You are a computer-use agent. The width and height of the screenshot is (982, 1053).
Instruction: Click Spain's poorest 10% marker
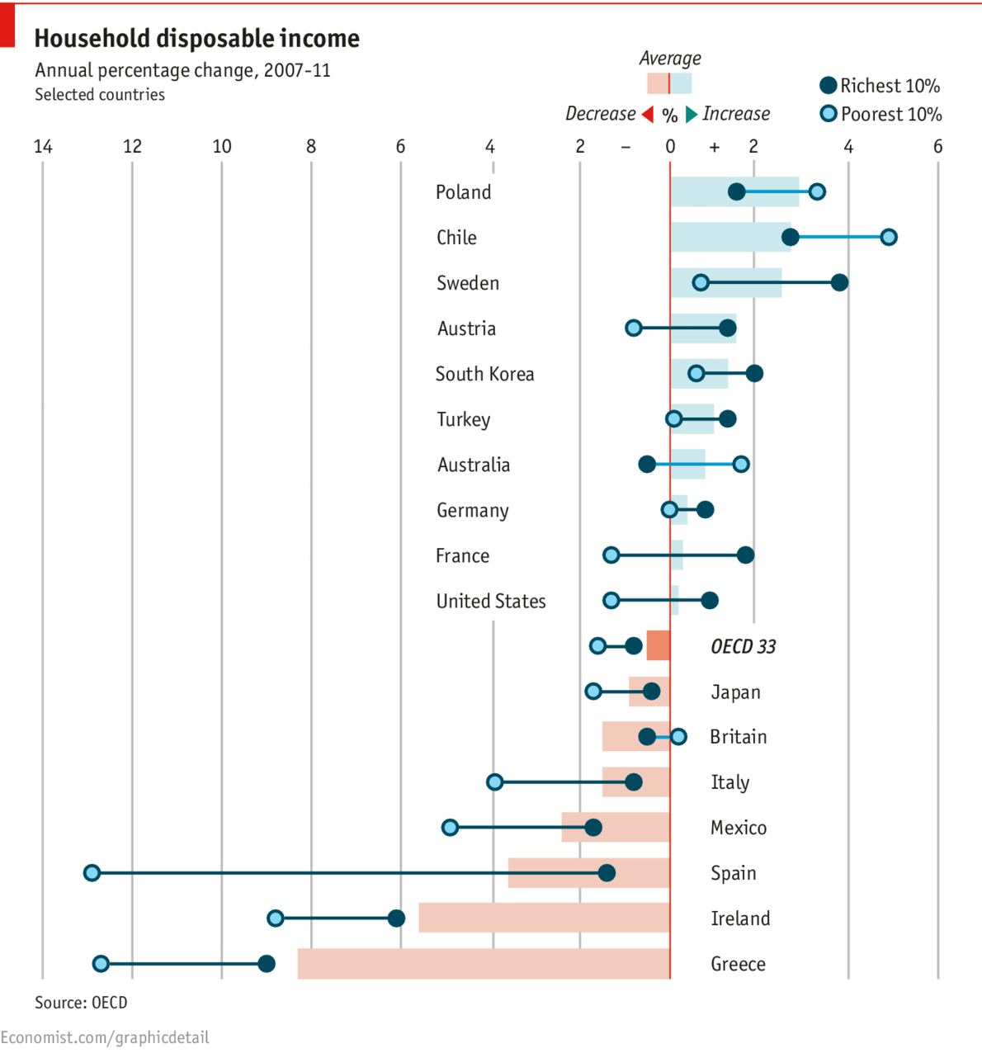tap(92, 872)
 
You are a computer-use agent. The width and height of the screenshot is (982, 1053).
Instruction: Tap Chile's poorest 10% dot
tap(888, 237)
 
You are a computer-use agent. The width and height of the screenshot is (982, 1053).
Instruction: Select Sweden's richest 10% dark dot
tap(839, 283)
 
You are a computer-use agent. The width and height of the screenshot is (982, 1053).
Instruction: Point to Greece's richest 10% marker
tap(266, 963)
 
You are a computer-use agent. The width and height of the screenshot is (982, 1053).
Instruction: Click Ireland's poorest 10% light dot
tap(276, 918)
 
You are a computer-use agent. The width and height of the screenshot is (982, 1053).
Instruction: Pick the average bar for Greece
tap(483, 963)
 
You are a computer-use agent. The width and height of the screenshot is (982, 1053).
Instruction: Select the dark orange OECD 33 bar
tap(658, 645)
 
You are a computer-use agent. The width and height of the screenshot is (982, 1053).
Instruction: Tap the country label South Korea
tap(484, 374)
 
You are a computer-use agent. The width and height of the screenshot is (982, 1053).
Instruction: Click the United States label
tap(491, 601)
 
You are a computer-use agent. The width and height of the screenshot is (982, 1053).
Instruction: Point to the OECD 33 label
tap(743, 646)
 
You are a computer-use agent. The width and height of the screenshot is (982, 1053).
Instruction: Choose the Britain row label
tap(738, 736)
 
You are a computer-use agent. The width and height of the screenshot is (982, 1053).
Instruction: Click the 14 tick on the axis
tap(43, 147)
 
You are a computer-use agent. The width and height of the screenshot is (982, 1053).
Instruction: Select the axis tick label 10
tap(221, 147)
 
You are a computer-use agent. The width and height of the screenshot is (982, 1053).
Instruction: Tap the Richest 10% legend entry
tap(880, 86)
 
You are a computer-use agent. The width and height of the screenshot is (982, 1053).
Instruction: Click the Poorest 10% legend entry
tap(880, 114)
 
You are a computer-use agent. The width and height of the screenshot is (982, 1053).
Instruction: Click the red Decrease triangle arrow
tap(648, 114)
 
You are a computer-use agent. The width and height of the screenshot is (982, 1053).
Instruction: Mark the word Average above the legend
tap(670, 58)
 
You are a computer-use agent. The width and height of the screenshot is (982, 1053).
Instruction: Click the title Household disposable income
tap(196, 38)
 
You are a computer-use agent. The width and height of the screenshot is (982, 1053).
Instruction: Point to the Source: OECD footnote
tap(81, 1003)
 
